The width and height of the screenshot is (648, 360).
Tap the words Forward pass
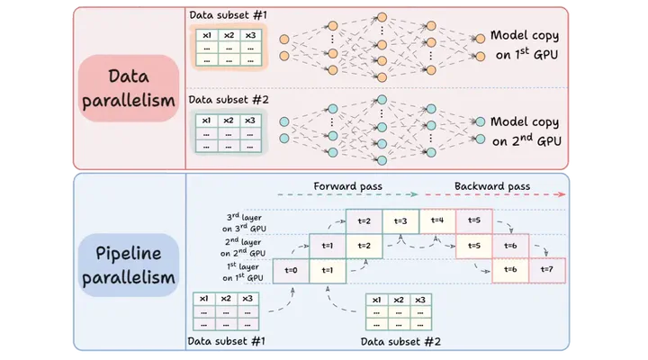(x=347, y=186)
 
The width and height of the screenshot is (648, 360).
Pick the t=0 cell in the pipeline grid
(x=290, y=270)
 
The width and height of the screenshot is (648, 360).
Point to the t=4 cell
(x=436, y=220)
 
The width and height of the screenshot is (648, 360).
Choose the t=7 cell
(x=546, y=270)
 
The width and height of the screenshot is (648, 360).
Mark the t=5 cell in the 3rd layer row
(x=473, y=220)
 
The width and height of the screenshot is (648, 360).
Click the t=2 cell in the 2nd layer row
(x=364, y=245)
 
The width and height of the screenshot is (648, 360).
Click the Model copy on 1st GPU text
(x=525, y=45)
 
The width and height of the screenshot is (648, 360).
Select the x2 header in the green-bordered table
(x=229, y=121)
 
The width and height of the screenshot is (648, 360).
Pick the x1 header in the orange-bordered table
(x=207, y=35)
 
